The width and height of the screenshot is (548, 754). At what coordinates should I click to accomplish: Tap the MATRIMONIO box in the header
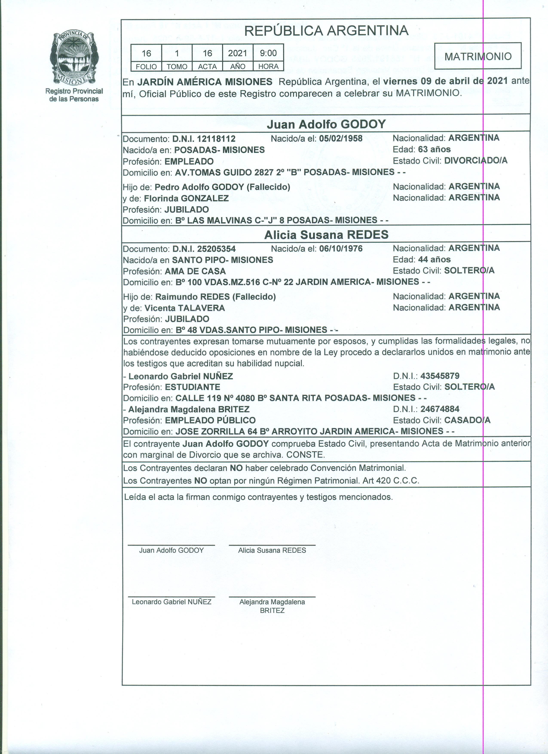(x=478, y=56)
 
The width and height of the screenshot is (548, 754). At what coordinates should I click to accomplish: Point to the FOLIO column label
(x=146, y=67)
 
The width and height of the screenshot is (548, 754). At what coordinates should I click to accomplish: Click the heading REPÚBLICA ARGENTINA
(x=326, y=31)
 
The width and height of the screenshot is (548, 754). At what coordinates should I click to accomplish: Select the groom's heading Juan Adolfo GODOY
(x=326, y=124)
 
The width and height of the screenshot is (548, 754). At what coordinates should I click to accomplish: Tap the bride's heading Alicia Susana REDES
(x=326, y=235)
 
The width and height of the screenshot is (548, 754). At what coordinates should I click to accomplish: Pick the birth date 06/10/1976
(x=341, y=249)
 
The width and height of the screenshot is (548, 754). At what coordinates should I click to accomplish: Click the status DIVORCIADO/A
(x=476, y=161)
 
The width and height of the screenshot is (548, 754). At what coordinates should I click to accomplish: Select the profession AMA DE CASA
(x=195, y=271)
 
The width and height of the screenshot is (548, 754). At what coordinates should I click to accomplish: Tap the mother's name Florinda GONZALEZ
(x=186, y=198)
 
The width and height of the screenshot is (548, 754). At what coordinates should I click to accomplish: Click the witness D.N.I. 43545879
(x=440, y=376)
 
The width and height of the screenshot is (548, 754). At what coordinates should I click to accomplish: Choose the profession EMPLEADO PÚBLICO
(x=210, y=420)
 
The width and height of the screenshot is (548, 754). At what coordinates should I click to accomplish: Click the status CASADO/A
(x=467, y=420)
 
